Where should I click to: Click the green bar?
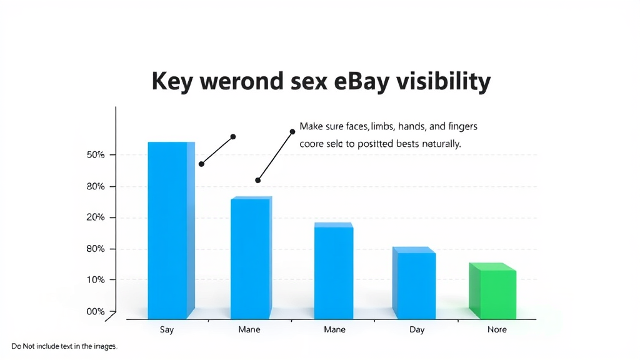point(492,291)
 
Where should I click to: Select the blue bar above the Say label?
point(171,231)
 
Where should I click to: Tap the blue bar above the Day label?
point(414,283)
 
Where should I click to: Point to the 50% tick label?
point(96,155)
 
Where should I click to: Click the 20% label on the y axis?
point(96,217)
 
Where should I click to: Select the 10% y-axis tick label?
point(96,279)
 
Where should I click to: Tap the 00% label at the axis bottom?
point(96,311)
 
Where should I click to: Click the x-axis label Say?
point(166,330)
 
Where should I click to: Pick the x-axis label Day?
point(417,330)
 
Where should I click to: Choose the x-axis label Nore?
point(497,329)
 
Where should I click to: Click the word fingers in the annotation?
point(462,126)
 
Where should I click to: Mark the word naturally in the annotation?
point(441,144)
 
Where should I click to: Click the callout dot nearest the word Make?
point(292,132)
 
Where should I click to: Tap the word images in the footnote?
point(105,346)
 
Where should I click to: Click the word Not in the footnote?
point(29,346)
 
